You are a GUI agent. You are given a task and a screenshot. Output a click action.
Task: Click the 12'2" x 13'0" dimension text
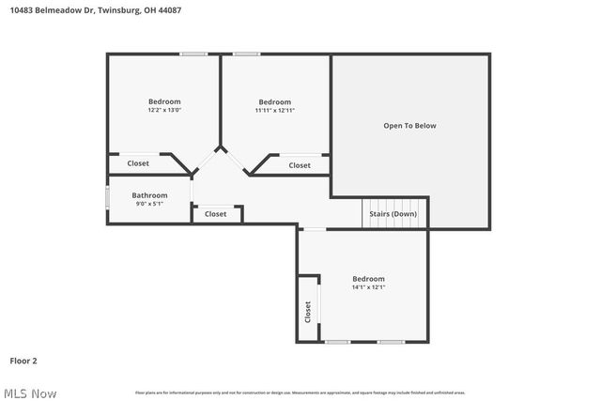click(x=164, y=111)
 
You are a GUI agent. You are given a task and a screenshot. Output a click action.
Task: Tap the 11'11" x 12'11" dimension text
click(x=274, y=111)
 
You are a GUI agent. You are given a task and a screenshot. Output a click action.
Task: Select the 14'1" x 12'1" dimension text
click(x=368, y=287)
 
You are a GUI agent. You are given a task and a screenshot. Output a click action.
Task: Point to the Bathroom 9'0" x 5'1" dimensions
click(x=149, y=204)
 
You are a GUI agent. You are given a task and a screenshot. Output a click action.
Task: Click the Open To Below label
click(x=409, y=126)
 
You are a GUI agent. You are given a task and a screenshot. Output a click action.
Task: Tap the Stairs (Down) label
click(x=393, y=214)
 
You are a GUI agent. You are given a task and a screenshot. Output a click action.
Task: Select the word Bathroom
click(x=149, y=195)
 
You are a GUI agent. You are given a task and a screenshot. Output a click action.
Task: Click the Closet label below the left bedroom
click(x=138, y=163)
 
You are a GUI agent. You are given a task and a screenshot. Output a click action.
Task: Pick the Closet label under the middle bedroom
click(x=300, y=165)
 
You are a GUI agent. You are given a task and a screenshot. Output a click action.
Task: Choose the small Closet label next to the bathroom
click(x=216, y=214)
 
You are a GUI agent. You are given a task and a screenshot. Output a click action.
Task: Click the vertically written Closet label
click(x=308, y=311)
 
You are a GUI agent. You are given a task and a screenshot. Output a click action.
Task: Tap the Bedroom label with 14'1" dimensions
click(x=368, y=279)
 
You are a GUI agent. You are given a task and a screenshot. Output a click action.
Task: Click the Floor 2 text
click(x=23, y=360)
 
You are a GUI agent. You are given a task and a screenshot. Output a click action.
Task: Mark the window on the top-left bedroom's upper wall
click(x=194, y=54)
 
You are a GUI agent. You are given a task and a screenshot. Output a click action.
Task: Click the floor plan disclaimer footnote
click(x=300, y=393)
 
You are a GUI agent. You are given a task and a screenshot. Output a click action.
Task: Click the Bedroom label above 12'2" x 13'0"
click(x=164, y=101)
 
